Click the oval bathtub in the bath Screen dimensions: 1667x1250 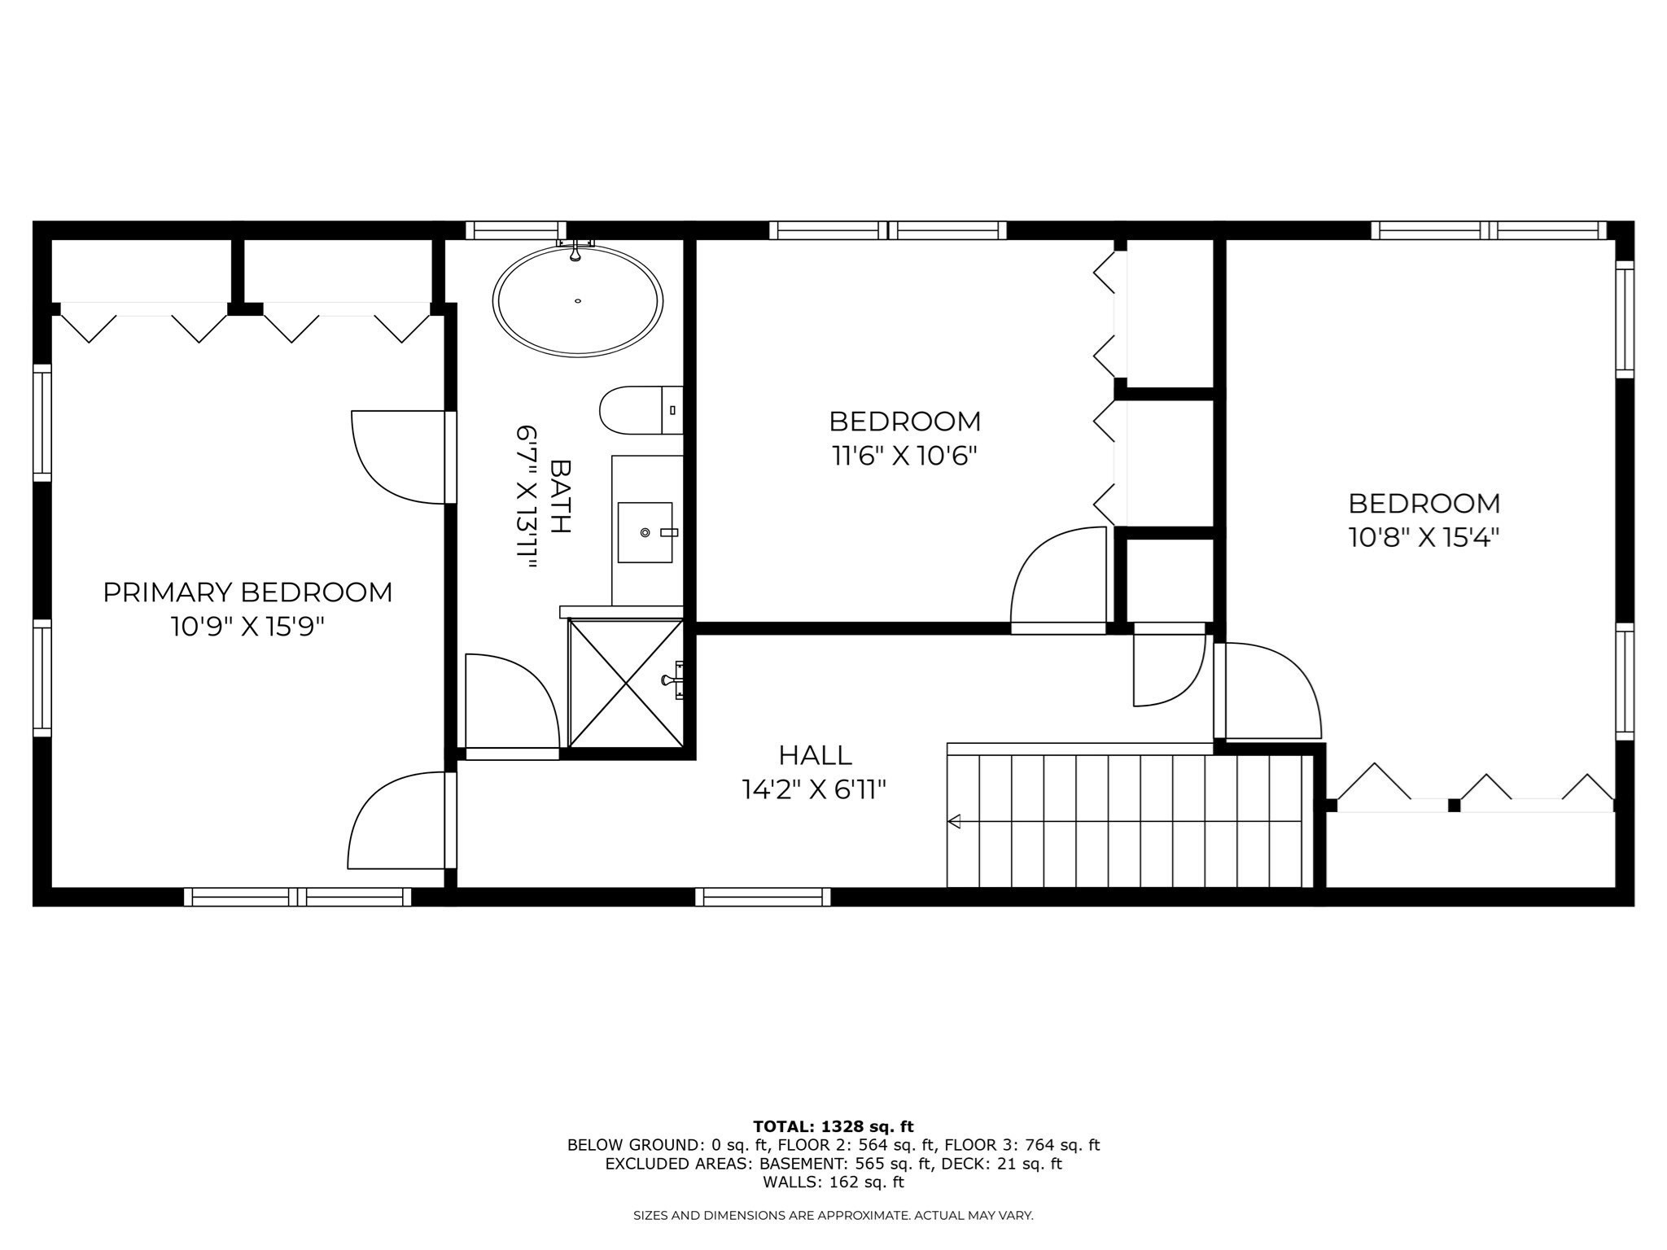[577, 301]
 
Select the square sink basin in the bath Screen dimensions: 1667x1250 [645, 532]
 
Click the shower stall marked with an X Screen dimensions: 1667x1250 [626, 682]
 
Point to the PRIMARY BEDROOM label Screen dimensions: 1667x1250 [247, 592]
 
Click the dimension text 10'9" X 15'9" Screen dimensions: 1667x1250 [247, 627]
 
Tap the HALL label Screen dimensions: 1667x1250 [815, 755]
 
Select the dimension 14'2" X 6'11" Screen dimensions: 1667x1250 [814, 789]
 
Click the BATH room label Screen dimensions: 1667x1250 [561, 496]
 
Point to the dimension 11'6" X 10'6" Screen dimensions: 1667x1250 [904, 456]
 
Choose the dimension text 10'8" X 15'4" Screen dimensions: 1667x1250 [1424, 538]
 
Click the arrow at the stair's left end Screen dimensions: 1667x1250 [955, 821]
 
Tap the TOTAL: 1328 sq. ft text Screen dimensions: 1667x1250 [833, 1127]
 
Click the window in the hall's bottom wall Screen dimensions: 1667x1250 [763, 897]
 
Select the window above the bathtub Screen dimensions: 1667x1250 [516, 230]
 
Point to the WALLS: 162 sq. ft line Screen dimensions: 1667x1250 [833, 1182]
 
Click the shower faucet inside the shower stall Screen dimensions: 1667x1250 [674, 680]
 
